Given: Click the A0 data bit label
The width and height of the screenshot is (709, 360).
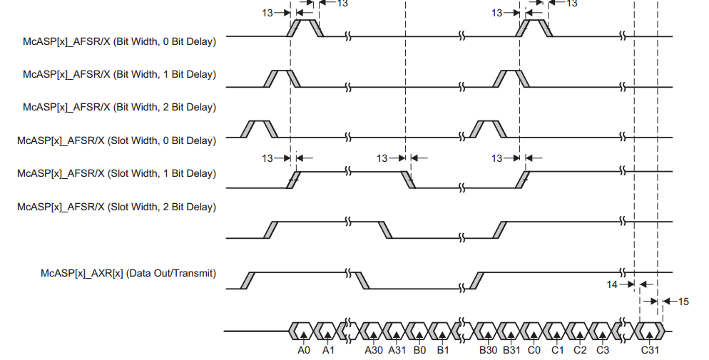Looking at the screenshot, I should click(304, 350).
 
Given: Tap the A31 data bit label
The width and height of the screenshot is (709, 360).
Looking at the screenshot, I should click(397, 350).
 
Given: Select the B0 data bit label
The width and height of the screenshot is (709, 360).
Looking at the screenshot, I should click(420, 350).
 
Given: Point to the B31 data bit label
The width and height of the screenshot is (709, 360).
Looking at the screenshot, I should click(511, 350).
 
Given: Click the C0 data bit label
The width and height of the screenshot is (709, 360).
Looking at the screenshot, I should click(534, 350).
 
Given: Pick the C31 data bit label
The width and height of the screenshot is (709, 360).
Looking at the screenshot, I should click(649, 350).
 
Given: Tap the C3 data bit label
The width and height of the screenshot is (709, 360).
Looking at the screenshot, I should click(603, 350).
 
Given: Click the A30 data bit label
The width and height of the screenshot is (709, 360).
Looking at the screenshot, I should click(374, 350).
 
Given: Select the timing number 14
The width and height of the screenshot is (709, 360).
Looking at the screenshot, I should click(613, 284).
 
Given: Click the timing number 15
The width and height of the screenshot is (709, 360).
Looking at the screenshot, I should click(683, 302).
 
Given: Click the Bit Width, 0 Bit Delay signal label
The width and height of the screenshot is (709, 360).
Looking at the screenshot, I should click(119, 41).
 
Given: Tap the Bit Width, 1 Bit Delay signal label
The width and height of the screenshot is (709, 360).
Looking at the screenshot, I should click(119, 74).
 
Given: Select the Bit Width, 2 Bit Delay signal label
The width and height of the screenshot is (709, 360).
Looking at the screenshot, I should click(119, 107).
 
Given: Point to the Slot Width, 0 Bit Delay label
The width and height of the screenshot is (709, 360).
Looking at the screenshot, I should click(116, 140).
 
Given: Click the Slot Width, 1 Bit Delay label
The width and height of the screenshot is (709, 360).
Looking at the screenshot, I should click(116, 173).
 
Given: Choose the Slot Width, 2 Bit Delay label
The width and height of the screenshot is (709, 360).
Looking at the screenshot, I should click(116, 207).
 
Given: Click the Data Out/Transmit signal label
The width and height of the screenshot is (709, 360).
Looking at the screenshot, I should click(128, 273).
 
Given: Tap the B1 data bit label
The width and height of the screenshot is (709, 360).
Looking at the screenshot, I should click(443, 350).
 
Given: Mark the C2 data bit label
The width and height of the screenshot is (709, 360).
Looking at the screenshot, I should click(580, 350).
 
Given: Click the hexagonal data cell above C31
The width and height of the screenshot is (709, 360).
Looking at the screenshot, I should click(650, 331).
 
